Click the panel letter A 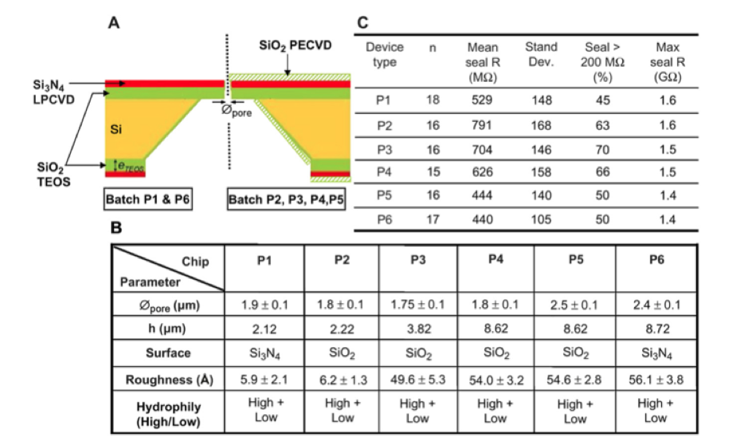tap(113, 23)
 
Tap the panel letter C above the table tap(362, 23)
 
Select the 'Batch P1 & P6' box tap(148, 199)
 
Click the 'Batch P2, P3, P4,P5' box tap(286, 199)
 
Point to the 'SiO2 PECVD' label tap(295, 46)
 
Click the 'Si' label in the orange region tap(116, 129)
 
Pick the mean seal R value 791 tap(482, 125)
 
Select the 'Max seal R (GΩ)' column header tap(668, 62)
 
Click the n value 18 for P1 tap(432, 99)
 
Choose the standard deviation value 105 tap(541, 219)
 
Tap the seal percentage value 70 tap(603, 150)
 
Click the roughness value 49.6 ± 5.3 tap(418, 380)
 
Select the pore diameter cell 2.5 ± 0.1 tap(574, 305)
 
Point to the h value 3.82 tap(419, 329)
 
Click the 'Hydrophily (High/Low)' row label tap(169, 414)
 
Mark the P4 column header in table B tap(496, 259)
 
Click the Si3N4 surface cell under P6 tap(657, 354)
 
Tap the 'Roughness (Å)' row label tap(169, 380)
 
